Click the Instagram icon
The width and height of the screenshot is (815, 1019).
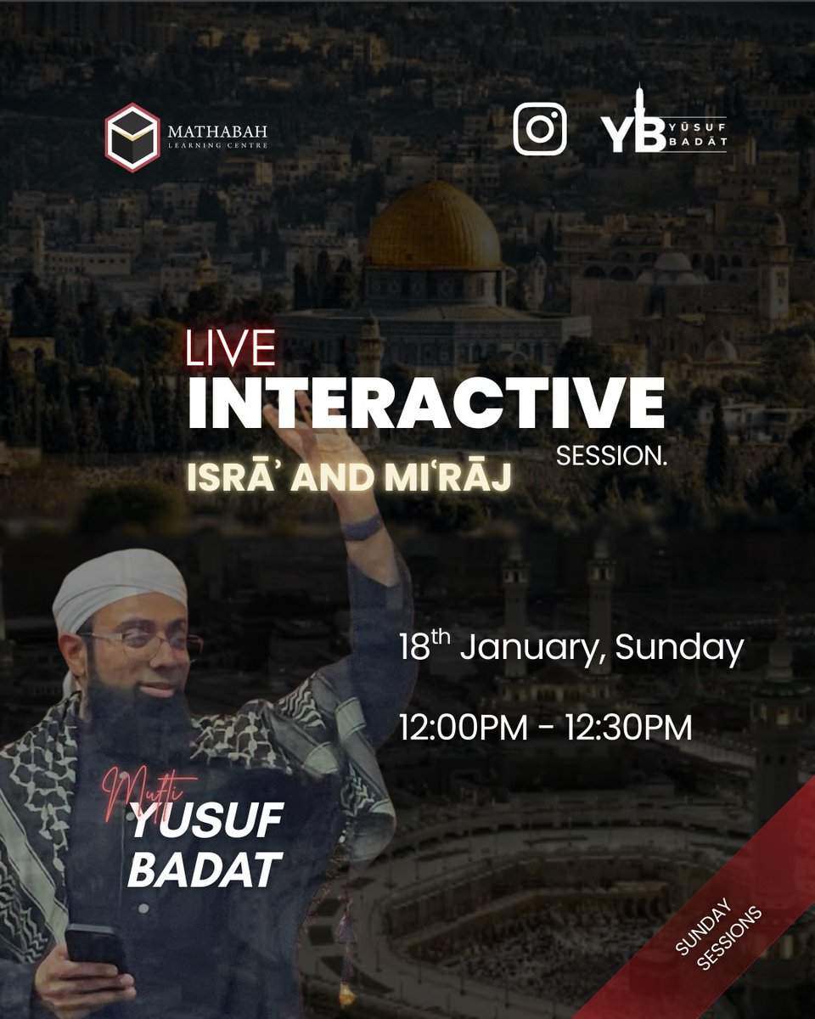[539, 129]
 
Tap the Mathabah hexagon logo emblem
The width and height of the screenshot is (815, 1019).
[133, 137]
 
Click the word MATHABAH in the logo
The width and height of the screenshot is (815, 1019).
[216, 132]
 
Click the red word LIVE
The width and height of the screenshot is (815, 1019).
[231, 349]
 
